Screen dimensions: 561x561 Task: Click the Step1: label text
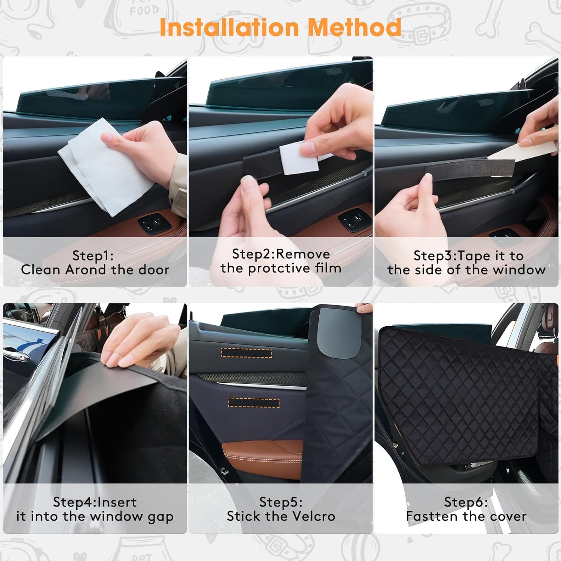[x=93, y=255]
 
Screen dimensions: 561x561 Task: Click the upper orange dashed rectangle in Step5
[x=246, y=353]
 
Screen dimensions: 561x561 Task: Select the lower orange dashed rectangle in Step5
[x=254, y=402]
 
